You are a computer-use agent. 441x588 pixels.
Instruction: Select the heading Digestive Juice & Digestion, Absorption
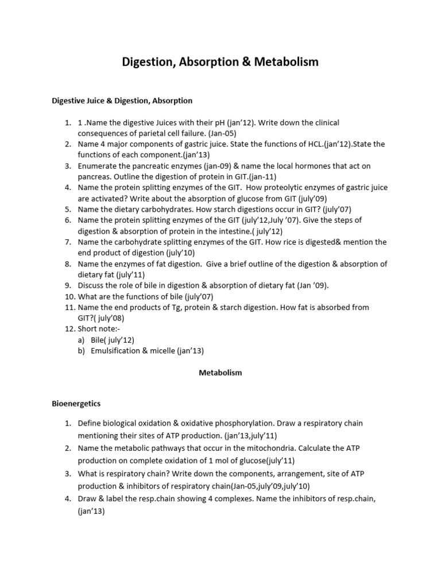point(122,100)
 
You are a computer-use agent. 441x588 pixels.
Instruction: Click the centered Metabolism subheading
point(220,373)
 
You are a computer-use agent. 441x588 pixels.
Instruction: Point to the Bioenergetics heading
point(76,404)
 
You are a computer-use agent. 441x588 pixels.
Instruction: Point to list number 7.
point(68,242)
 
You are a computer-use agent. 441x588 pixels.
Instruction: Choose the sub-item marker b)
point(82,351)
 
